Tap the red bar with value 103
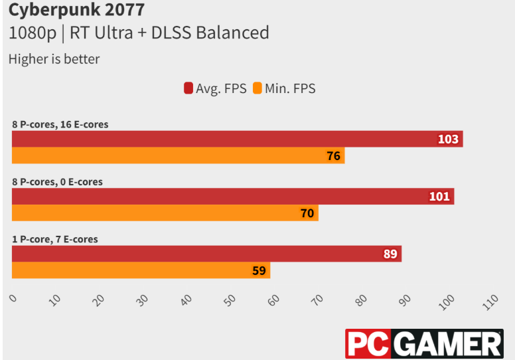(237, 139)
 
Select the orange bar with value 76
(178, 156)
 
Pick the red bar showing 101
(232, 196)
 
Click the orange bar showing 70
(165, 213)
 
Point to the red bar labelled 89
(206, 254)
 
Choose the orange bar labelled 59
(141, 271)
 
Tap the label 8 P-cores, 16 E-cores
(60, 124)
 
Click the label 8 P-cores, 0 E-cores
(57, 181)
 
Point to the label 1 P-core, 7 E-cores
(54, 239)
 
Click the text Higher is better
(54, 59)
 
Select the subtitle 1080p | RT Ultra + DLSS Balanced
(139, 33)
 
